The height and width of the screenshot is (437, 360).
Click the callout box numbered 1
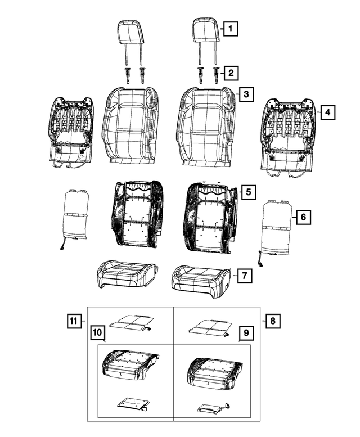(x=229, y=26)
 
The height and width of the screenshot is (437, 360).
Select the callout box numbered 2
(x=229, y=72)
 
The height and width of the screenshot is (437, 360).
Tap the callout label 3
(x=245, y=94)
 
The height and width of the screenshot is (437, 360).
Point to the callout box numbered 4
(x=328, y=112)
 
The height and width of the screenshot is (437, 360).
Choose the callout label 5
(x=248, y=192)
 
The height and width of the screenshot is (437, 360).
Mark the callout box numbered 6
(x=303, y=217)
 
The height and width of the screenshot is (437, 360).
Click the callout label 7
(x=244, y=276)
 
